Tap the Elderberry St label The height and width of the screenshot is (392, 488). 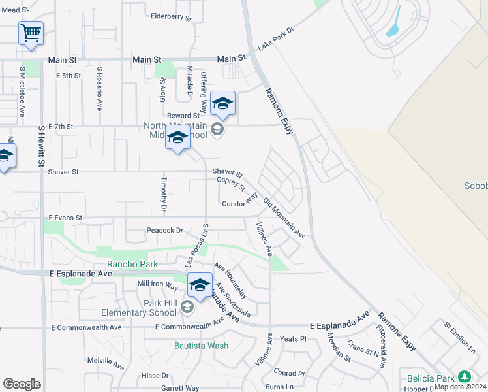tap(170, 16)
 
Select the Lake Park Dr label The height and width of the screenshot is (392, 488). tap(276, 43)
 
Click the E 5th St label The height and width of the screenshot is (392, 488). tap(69, 76)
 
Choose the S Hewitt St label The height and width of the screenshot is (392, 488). tap(40, 145)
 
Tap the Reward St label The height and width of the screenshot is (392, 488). tap(183, 115)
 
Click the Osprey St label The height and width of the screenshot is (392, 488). tap(230, 186)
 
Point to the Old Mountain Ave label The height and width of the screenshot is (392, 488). tap(284, 217)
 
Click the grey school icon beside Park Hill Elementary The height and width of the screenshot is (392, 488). tap(188, 306)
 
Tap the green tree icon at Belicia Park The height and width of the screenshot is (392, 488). tap(464, 377)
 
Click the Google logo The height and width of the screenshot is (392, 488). tap(22, 384)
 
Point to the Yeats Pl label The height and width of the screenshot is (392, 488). tap(293, 339)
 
